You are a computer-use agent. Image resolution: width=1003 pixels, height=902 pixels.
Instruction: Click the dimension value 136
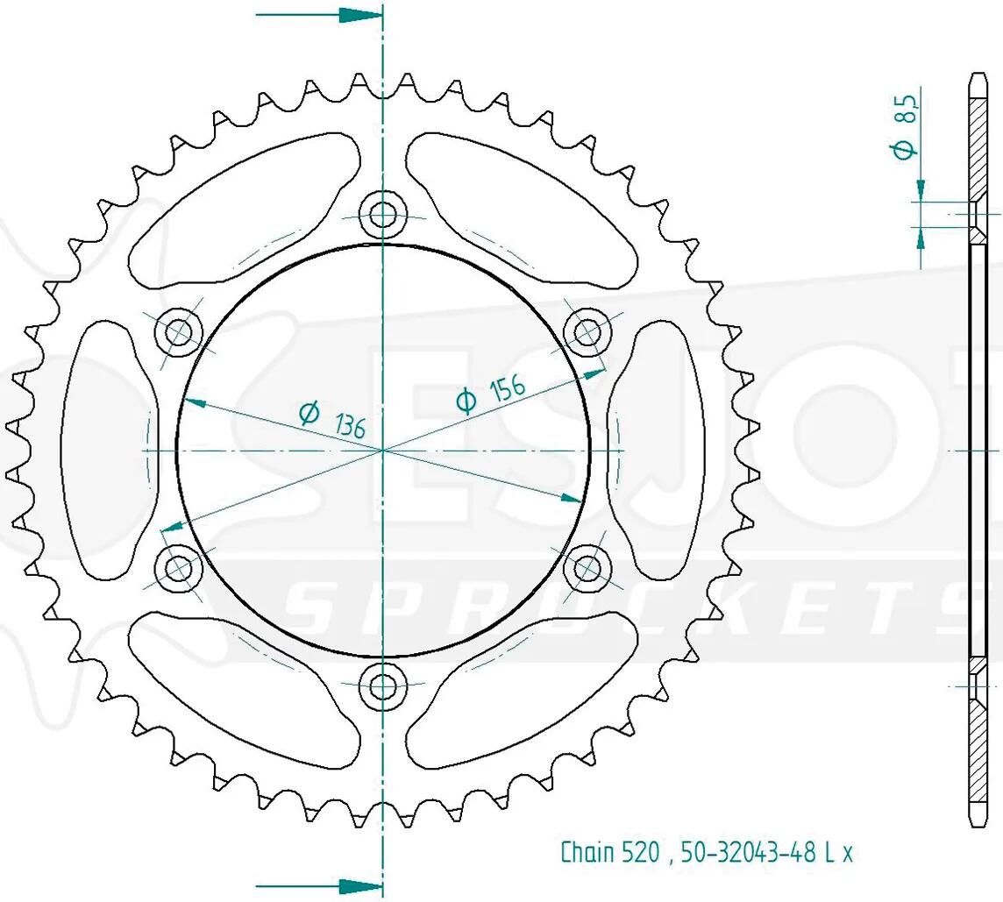[349, 426]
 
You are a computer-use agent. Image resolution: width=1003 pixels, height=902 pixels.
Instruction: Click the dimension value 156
[508, 387]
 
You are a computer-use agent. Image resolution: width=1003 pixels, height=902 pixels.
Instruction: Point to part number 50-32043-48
[748, 852]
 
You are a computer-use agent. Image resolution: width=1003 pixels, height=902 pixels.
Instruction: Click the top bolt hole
[382, 214]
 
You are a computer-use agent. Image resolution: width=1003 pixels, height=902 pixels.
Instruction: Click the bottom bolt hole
[382, 686]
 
